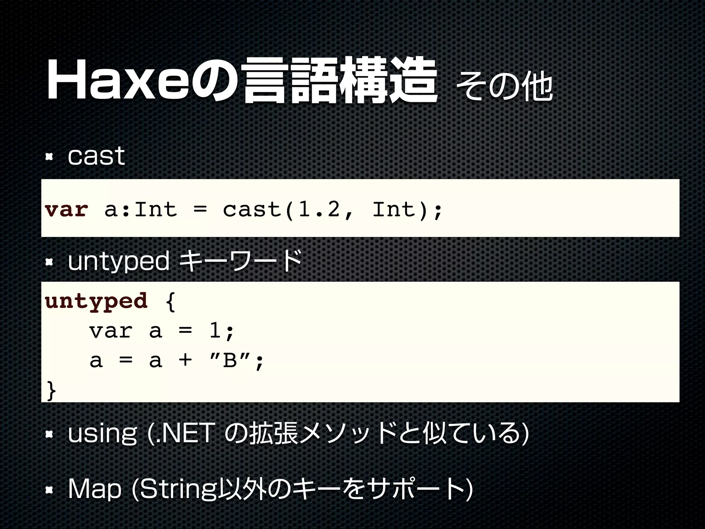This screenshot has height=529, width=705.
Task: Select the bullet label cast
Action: [96, 156]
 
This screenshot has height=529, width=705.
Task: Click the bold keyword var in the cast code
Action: [66, 209]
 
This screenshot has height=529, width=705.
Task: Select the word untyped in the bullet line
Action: [119, 262]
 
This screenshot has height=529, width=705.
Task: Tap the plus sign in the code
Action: [185, 361]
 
